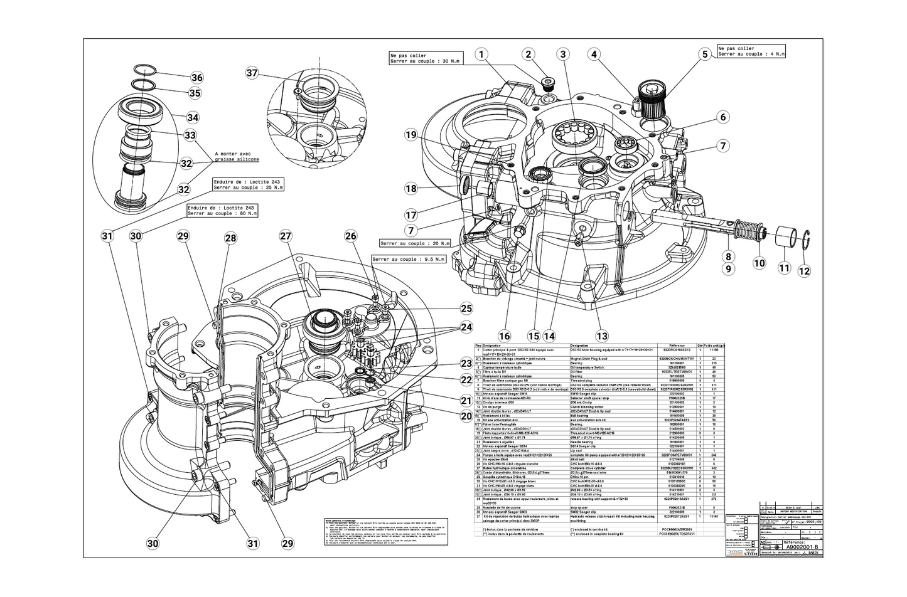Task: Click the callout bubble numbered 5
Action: pyautogui.click(x=705, y=55)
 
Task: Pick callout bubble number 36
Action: pyautogui.click(x=197, y=78)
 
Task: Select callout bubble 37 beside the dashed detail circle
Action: pyautogui.click(x=252, y=73)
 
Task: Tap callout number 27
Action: pyautogui.click(x=286, y=236)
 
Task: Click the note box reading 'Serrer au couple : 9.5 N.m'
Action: pyautogui.click(x=409, y=259)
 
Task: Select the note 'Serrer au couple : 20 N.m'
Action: pyautogui.click(x=415, y=243)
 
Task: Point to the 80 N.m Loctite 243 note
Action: pyautogui.click(x=222, y=211)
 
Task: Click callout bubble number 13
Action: pyautogui.click(x=602, y=336)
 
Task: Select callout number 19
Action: pyautogui.click(x=411, y=135)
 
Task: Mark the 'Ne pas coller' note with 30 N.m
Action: pyautogui.click(x=419, y=58)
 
